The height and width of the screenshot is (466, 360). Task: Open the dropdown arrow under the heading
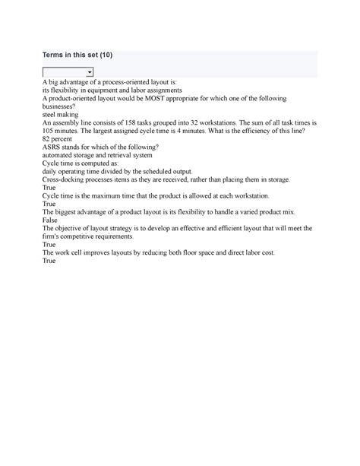click(90, 72)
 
